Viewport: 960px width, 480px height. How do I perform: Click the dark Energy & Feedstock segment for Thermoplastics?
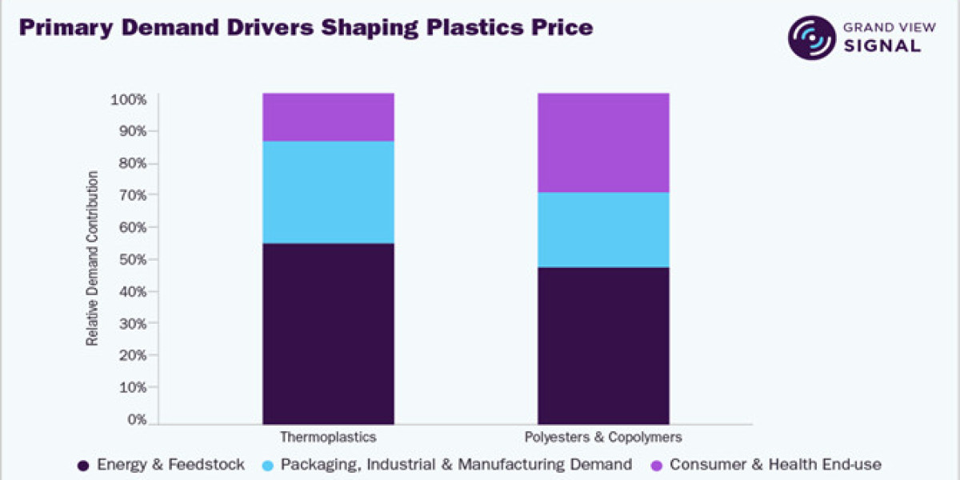click(x=328, y=334)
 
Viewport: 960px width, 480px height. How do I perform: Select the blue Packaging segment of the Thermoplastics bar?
click(x=328, y=193)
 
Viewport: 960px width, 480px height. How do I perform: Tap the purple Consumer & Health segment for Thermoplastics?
click(x=328, y=117)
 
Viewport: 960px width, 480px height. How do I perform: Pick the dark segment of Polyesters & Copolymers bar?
click(x=603, y=346)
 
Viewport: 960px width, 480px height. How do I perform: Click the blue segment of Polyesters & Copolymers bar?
click(x=603, y=230)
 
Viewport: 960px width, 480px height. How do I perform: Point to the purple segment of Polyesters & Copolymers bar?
click(x=603, y=142)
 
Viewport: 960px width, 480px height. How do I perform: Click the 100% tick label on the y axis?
click(x=129, y=100)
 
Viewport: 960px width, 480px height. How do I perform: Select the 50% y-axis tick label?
click(x=133, y=260)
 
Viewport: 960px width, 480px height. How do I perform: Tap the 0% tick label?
click(x=137, y=419)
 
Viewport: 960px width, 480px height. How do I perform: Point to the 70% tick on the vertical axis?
click(x=133, y=195)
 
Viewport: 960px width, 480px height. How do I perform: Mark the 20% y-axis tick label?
click(x=133, y=356)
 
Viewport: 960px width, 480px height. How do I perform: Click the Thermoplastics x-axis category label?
click(x=328, y=437)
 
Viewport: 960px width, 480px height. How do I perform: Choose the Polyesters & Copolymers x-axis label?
click(x=603, y=437)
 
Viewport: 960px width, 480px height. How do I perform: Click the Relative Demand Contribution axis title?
click(x=92, y=258)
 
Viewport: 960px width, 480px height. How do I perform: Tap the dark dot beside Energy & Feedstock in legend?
click(x=83, y=466)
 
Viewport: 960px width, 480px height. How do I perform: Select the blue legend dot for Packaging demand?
click(x=267, y=466)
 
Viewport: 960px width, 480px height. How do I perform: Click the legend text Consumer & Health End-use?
click(x=776, y=465)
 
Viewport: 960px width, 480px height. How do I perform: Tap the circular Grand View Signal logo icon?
click(x=812, y=38)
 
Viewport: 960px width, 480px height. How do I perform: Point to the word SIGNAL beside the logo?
click(x=882, y=46)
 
